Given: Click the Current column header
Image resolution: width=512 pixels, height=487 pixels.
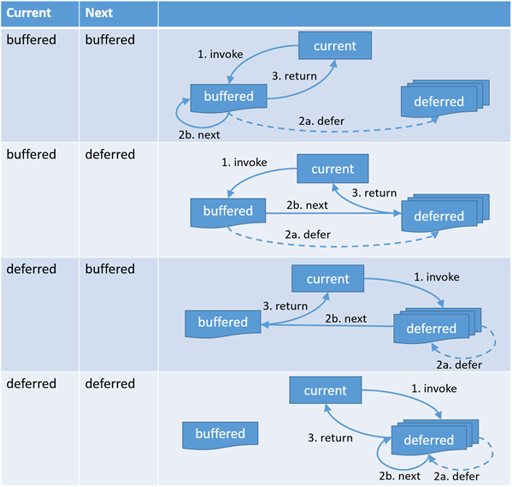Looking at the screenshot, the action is coord(29,13).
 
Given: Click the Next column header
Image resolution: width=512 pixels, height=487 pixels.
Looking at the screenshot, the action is coord(99,13).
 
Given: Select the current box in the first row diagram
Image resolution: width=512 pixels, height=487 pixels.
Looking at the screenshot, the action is coord(335,45).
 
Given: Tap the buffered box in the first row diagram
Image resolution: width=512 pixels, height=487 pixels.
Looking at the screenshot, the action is coord(228,97).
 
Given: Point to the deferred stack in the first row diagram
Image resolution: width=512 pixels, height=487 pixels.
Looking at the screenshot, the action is coord(444,98).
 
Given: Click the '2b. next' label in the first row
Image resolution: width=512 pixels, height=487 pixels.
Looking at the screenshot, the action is coord(199,134).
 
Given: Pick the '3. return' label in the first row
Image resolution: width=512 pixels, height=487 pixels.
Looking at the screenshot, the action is coord(294,76).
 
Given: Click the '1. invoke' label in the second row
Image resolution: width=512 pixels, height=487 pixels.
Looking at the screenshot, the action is coord(244,163).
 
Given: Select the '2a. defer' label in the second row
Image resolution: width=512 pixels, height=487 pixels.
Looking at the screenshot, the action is coord(308,235).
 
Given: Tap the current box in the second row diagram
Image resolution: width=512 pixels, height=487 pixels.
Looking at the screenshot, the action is coord(333,169).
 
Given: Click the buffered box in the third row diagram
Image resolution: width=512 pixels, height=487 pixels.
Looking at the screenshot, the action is coord(223,324).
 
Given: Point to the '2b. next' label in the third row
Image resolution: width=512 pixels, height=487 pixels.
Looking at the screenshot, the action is coord(346,318).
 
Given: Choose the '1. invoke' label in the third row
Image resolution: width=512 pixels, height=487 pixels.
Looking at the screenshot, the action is coord(437,277).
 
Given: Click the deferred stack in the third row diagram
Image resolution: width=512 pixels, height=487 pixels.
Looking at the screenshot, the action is coord(438,326).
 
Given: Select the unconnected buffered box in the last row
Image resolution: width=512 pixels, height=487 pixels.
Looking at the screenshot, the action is coord(220,435).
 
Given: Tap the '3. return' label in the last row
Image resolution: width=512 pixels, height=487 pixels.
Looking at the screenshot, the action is coord(330,437).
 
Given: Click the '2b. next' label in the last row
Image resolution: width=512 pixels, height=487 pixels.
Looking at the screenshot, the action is coord(400,476).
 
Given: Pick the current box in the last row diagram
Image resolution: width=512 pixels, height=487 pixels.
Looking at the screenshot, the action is coord(325,390).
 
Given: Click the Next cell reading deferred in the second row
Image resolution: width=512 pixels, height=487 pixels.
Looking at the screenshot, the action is coord(110,154).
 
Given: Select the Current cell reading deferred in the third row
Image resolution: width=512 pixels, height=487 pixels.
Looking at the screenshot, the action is coord(32,269).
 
